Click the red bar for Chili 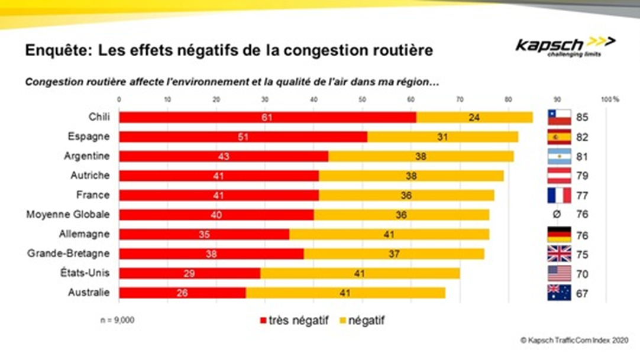pos(267,117)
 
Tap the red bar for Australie pos(182,293)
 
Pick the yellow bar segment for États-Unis pos(360,273)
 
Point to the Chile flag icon pos(559,117)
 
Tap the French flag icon pos(559,195)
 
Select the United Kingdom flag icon pos(559,254)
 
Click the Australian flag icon pos(559,293)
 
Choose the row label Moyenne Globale pos(68,215)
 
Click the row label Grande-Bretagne pos(69,254)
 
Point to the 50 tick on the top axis pos(361,99)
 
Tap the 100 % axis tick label pos(609,99)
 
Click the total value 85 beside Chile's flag pos(582,118)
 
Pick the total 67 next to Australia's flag pos(582,293)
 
